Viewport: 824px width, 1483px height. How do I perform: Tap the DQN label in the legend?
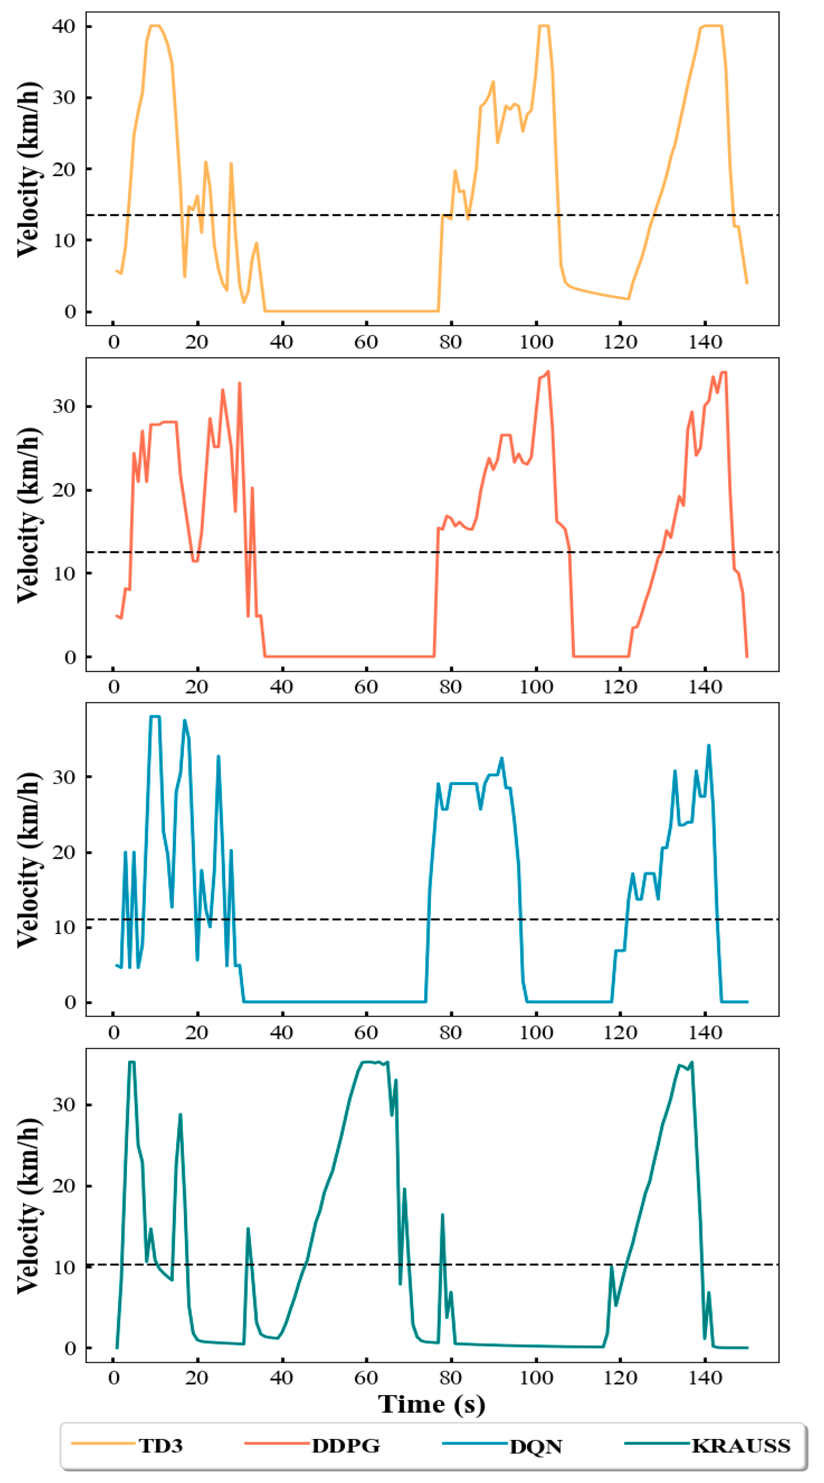point(535,1446)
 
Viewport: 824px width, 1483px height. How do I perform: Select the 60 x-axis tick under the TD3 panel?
point(366,342)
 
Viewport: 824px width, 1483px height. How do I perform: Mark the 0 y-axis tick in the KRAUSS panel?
point(70,1348)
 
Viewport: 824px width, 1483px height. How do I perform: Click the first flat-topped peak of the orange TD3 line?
point(155,26)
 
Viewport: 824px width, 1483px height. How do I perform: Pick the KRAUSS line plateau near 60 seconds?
point(372,1062)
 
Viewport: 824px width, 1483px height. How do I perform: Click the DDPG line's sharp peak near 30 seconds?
point(239,383)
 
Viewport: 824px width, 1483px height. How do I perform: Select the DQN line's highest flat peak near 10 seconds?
point(155,717)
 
